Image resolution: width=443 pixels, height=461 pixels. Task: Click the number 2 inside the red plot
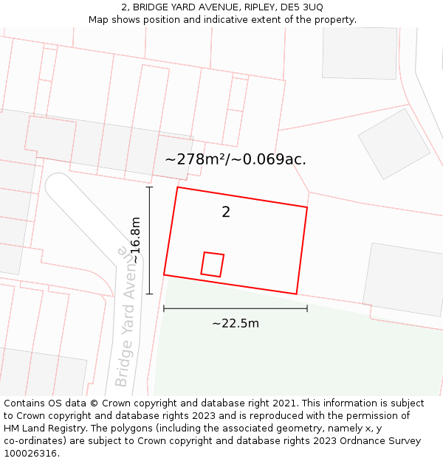point(226,212)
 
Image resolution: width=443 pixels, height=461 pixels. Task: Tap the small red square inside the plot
point(213,264)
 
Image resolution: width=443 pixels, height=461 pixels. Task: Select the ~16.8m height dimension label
point(135,240)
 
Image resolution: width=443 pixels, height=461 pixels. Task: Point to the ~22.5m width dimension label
point(236,323)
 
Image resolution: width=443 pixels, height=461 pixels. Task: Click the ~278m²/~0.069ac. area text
point(235,159)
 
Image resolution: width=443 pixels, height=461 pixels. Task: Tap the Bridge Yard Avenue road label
point(126,317)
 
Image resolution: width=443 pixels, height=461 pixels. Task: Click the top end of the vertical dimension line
point(149,187)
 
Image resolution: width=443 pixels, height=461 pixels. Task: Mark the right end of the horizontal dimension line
point(307,308)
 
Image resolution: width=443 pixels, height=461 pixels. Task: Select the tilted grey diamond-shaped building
point(394,144)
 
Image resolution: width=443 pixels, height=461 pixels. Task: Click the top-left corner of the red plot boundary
point(177,187)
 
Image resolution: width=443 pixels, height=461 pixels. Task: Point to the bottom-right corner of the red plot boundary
point(297,294)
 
